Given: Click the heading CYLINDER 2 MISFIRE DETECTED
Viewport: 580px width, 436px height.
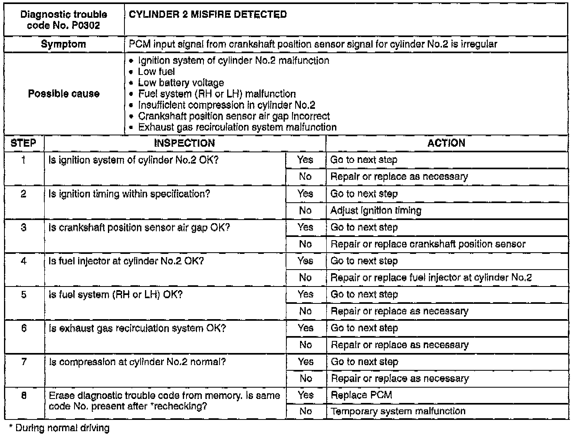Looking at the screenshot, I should [208, 15].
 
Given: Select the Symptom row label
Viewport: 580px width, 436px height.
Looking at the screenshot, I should [64, 44].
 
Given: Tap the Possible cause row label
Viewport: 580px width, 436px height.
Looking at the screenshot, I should [64, 94].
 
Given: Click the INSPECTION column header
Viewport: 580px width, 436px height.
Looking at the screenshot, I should [184, 143].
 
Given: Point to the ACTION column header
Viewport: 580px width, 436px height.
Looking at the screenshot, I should [446, 143].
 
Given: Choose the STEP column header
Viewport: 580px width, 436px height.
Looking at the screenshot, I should [23, 143].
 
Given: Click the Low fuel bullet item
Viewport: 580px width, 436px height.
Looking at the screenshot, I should [156, 72].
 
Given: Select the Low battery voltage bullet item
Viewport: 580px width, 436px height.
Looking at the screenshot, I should [181, 83].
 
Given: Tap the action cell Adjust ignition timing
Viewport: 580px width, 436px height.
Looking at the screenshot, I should [376, 210].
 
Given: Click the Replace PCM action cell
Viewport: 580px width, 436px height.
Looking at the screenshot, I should [361, 395].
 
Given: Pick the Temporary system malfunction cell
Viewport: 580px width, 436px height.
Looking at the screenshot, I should [398, 411].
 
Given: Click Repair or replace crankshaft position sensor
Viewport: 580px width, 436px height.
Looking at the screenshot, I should [428, 244].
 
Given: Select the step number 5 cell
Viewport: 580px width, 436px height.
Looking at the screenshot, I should [24, 295].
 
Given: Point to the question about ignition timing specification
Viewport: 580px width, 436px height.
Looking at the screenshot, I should [129, 194].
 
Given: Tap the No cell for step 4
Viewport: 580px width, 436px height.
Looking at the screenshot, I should [305, 278].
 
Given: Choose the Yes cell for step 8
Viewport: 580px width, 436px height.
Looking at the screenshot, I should [305, 395].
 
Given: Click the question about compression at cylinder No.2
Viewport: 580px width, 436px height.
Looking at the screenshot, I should [137, 362].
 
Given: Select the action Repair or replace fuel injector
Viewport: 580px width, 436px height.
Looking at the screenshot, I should [431, 278].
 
